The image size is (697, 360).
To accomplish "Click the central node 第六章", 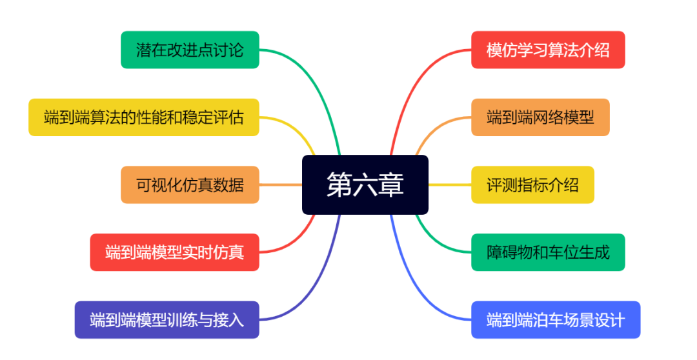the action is pyautogui.click(x=365, y=185).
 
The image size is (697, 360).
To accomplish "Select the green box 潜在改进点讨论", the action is pyautogui.click(x=190, y=50).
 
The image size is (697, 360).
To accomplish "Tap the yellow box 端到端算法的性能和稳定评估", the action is pyautogui.click(x=143, y=117).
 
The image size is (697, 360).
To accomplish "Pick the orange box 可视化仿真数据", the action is pyautogui.click(x=190, y=185).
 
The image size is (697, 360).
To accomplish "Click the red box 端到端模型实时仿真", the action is pyautogui.click(x=174, y=252).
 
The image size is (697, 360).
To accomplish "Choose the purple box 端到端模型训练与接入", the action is pyautogui.click(x=167, y=319).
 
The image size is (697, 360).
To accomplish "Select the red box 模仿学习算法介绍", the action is pyautogui.click(x=548, y=50).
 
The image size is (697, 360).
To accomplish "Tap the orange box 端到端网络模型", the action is pyautogui.click(x=540, y=117).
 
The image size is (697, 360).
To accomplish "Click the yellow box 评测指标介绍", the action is pyautogui.click(x=532, y=185).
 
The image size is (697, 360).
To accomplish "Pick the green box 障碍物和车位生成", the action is pyautogui.click(x=548, y=252).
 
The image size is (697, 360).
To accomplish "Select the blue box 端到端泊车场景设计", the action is pyautogui.click(x=556, y=319).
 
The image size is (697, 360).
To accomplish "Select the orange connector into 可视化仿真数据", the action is pyautogui.click(x=281, y=185).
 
